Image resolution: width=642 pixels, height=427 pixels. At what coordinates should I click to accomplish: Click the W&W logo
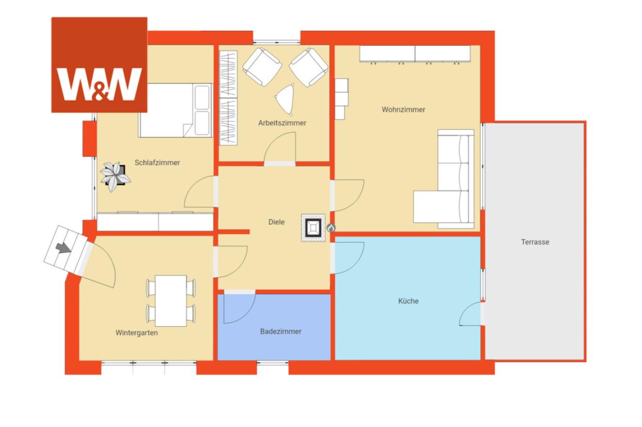(x=99, y=65)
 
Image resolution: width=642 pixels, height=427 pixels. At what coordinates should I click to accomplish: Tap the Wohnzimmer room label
(x=403, y=110)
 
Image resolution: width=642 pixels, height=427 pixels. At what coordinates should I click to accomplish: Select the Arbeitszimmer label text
(x=282, y=123)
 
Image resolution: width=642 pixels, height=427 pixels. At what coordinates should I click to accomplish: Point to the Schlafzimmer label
(x=157, y=163)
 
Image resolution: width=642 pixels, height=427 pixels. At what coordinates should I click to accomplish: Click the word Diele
(x=276, y=222)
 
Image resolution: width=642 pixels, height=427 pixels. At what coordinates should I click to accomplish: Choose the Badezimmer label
(x=281, y=331)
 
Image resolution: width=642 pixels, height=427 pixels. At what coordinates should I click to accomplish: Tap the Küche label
(x=409, y=301)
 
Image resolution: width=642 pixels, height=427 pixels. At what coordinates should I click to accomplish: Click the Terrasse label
(x=535, y=242)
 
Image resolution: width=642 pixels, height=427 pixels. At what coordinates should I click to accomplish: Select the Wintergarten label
(x=137, y=333)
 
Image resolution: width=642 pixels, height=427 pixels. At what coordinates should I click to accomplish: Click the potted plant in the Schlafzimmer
(x=115, y=176)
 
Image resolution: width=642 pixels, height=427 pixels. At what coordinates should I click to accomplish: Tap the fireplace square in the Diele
(x=313, y=228)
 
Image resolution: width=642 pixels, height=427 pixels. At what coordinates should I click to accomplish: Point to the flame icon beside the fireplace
(x=331, y=228)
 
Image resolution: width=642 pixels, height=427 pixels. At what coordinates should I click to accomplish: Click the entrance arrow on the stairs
(x=63, y=248)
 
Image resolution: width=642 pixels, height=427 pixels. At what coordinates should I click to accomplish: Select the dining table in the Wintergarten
(x=171, y=301)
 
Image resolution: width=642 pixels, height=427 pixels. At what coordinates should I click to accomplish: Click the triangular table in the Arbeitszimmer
(x=285, y=99)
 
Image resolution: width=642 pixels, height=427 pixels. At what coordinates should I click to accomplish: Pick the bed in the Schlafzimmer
(x=175, y=110)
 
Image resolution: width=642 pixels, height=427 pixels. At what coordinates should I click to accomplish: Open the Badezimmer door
(x=239, y=307)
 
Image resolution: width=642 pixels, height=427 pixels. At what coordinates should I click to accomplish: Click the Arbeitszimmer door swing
(x=280, y=148)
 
